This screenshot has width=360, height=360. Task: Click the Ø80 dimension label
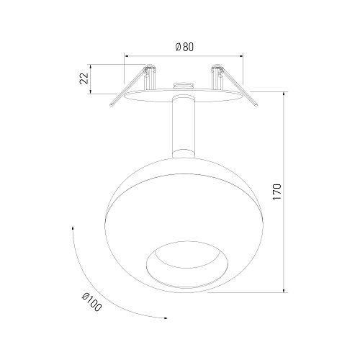pos(184,47)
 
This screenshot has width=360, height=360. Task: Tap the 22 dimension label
pos(84,78)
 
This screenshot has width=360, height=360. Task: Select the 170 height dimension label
pos(276,192)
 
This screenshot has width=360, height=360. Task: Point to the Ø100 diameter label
pos(91,302)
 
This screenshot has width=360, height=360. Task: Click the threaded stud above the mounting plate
pos(181,86)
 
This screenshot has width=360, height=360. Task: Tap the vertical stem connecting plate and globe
pos(183,127)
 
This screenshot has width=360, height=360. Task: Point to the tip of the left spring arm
pos(112,104)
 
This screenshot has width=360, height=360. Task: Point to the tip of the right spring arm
pos(256,104)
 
